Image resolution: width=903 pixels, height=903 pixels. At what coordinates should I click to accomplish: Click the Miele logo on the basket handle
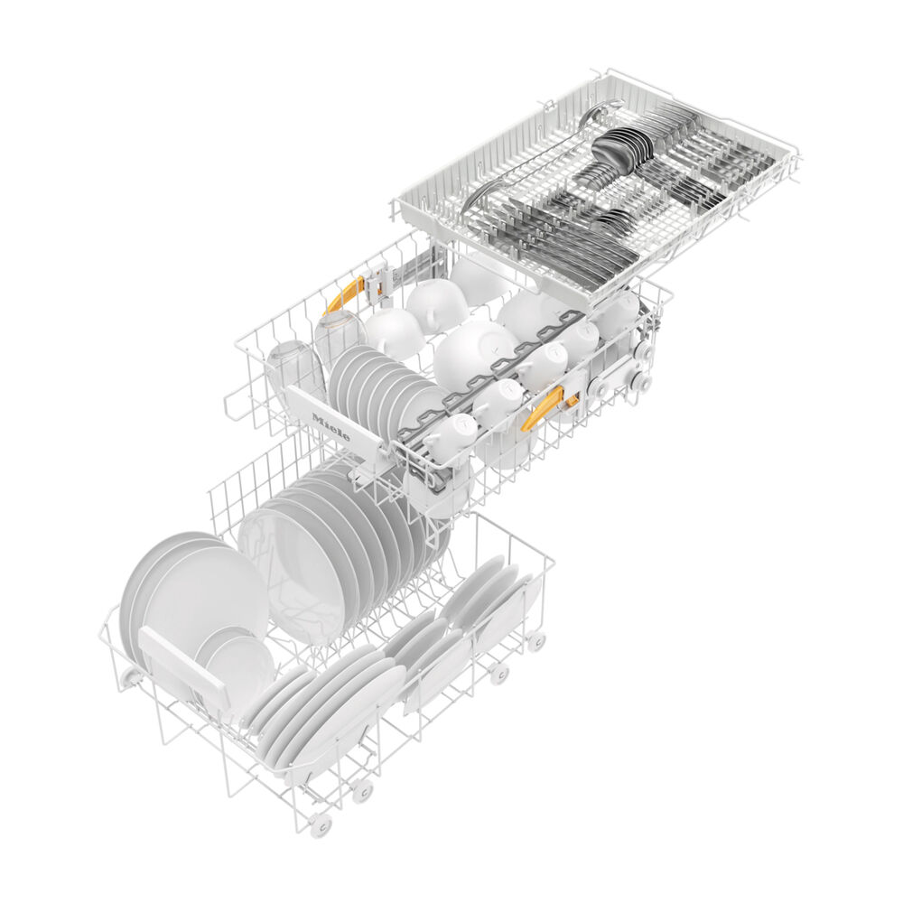click(330, 426)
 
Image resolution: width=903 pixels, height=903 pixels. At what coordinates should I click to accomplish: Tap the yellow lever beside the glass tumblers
click(343, 295)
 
